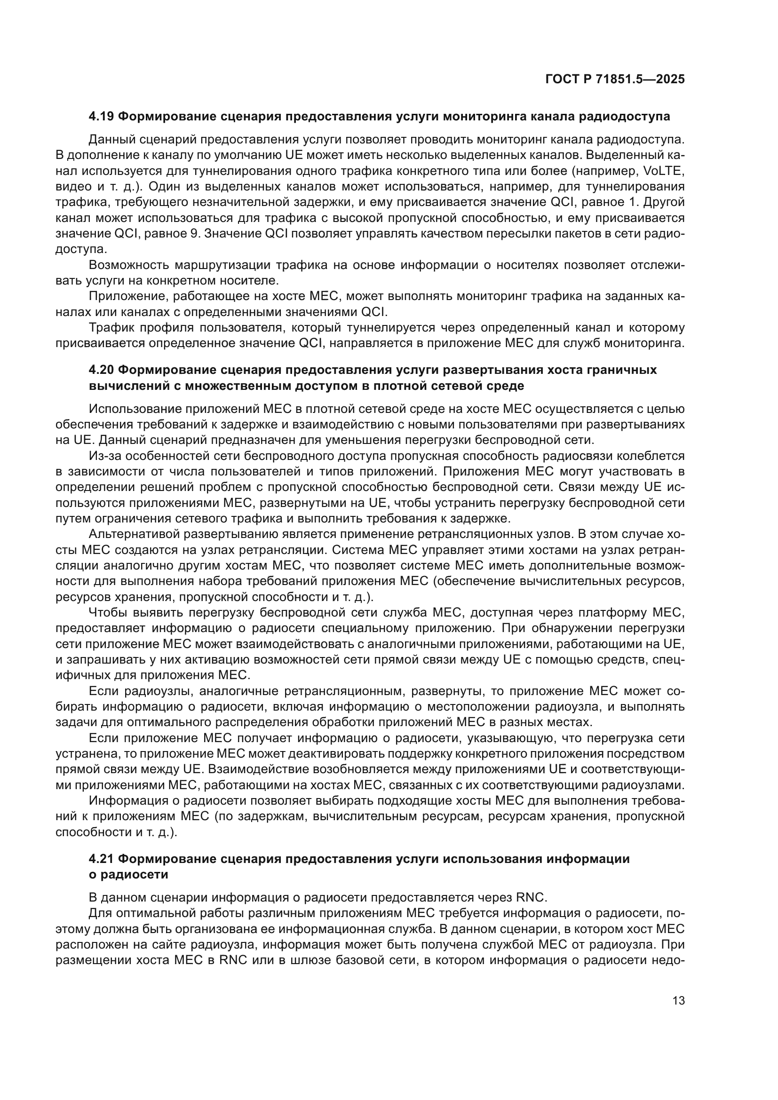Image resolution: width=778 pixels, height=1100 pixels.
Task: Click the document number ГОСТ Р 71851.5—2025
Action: tap(615, 79)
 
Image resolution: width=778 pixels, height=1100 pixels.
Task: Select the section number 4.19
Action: tap(101, 117)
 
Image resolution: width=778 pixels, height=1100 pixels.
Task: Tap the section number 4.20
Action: tap(101, 370)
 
